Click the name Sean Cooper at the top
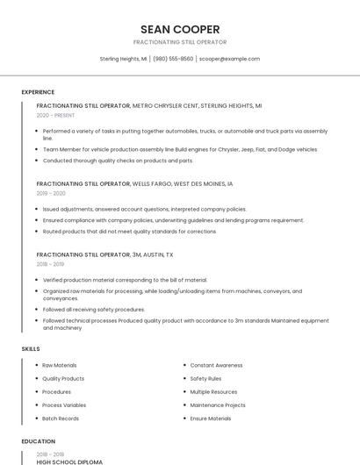click(180, 29)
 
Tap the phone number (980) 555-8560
click(173, 59)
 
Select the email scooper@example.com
click(229, 59)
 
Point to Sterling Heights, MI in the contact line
click(123, 59)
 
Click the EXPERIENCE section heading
click(38, 92)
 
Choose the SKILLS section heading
click(31, 348)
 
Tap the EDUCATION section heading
click(39, 441)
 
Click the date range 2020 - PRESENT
click(56, 115)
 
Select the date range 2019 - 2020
click(51, 193)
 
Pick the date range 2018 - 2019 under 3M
click(50, 263)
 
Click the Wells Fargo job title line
click(135, 184)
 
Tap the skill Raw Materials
click(60, 365)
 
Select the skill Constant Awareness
click(216, 365)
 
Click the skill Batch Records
click(60, 418)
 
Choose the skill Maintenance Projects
click(218, 405)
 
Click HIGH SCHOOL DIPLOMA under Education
click(69, 461)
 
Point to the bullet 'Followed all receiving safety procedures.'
click(94, 309)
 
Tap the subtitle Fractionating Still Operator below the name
click(180, 42)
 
